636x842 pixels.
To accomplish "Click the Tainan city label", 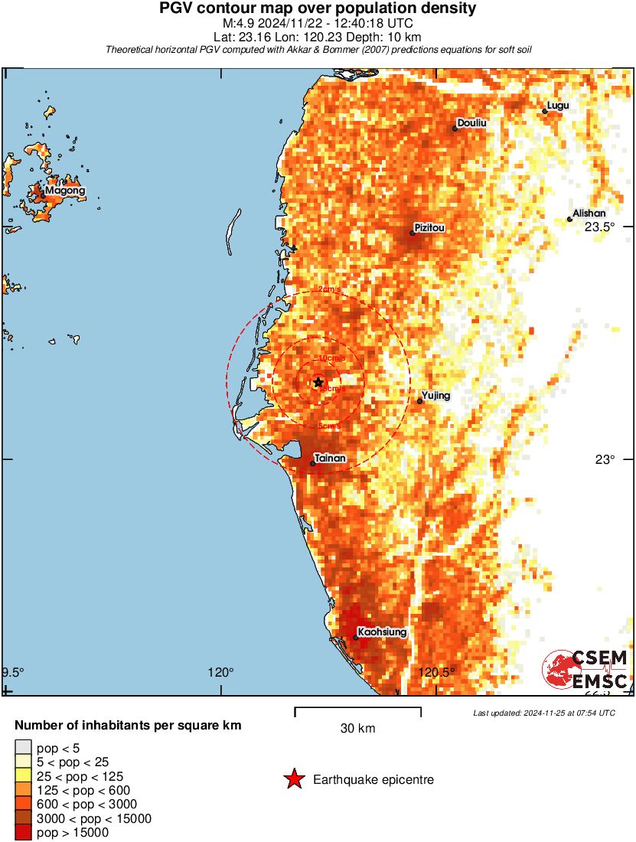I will click(331, 458).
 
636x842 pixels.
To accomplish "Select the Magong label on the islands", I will click(64, 190).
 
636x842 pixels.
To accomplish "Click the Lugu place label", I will click(558, 106).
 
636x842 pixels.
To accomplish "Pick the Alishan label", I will click(589, 213).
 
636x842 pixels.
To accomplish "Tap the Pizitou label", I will click(429, 227).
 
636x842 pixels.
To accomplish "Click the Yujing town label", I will click(435, 396).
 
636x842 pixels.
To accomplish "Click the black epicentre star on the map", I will click(318, 382).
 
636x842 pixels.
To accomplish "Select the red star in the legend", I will click(293, 779).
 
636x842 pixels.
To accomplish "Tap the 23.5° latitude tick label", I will click(600, 227).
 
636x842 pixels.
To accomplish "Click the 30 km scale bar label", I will click(357, 728).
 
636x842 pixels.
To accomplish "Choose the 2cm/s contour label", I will click(329, 289).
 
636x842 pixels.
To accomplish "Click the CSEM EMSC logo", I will click(585, 670).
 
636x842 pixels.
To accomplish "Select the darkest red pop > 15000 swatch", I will click(23, 833).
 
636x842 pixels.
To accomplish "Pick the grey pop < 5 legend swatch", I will click(23, 748).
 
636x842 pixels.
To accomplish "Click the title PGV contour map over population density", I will click(318, 9).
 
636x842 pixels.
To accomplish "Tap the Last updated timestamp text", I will click(544, 713).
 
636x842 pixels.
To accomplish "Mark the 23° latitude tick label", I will click(605, 459).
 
